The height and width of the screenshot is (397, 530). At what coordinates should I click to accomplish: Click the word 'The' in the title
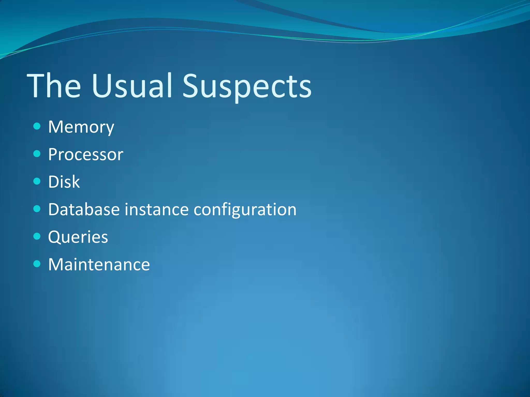54,86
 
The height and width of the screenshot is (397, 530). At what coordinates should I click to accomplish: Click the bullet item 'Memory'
81,127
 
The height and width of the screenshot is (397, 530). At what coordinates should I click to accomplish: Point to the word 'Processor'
86,155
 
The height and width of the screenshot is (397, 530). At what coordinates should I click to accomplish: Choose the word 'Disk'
64,182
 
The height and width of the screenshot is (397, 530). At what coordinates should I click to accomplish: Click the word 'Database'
84,209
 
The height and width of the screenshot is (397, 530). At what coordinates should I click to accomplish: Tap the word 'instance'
157,209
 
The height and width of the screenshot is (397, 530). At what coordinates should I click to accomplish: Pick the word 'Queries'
78,237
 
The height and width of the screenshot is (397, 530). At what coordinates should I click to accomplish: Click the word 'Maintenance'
99,265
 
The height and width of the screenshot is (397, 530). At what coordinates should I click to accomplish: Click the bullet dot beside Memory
37,126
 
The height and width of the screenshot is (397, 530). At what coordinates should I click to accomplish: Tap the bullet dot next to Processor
37,154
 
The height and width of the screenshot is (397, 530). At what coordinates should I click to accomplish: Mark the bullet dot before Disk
37,181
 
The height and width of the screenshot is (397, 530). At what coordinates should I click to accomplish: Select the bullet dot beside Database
37,209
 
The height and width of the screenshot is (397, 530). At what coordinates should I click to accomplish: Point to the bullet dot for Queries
37,236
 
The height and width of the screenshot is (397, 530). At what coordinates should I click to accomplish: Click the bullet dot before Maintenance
37,264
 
